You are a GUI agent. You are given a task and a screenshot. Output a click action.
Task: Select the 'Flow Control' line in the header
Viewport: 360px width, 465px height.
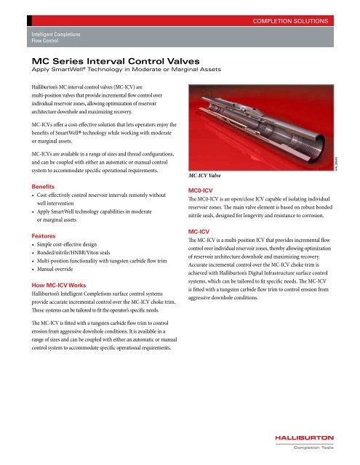pos(44,41)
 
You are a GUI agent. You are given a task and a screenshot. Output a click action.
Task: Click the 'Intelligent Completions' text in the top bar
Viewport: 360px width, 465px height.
pos(61,34)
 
